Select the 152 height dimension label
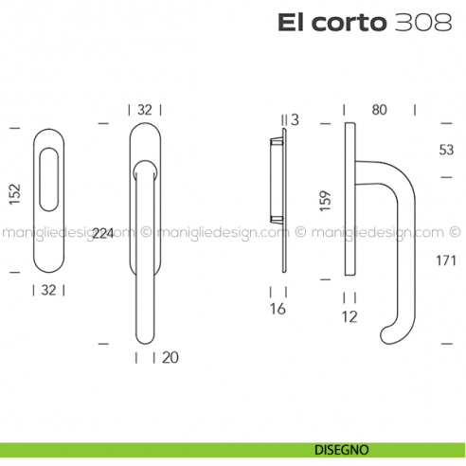click(14, 193)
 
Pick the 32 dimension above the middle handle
click(144, 110)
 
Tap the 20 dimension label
click(170, 357)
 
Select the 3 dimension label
click(295, 119)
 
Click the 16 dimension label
click(278, 309)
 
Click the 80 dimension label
click(380, 110)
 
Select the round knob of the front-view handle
click(144, 171)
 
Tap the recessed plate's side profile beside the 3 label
click(277, 180)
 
